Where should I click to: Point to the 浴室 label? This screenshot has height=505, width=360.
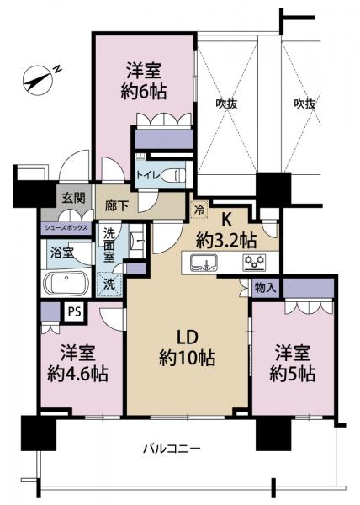coord(59,252)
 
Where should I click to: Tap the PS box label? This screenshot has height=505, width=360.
coord(75,310)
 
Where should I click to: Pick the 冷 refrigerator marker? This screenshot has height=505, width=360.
coord(199,209)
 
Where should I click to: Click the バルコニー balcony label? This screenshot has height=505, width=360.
coord(171,449)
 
